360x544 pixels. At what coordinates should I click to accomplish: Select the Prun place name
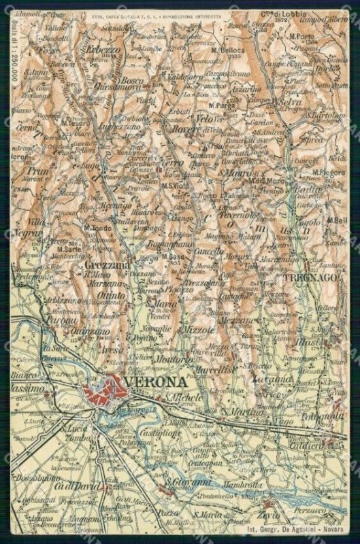37,172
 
